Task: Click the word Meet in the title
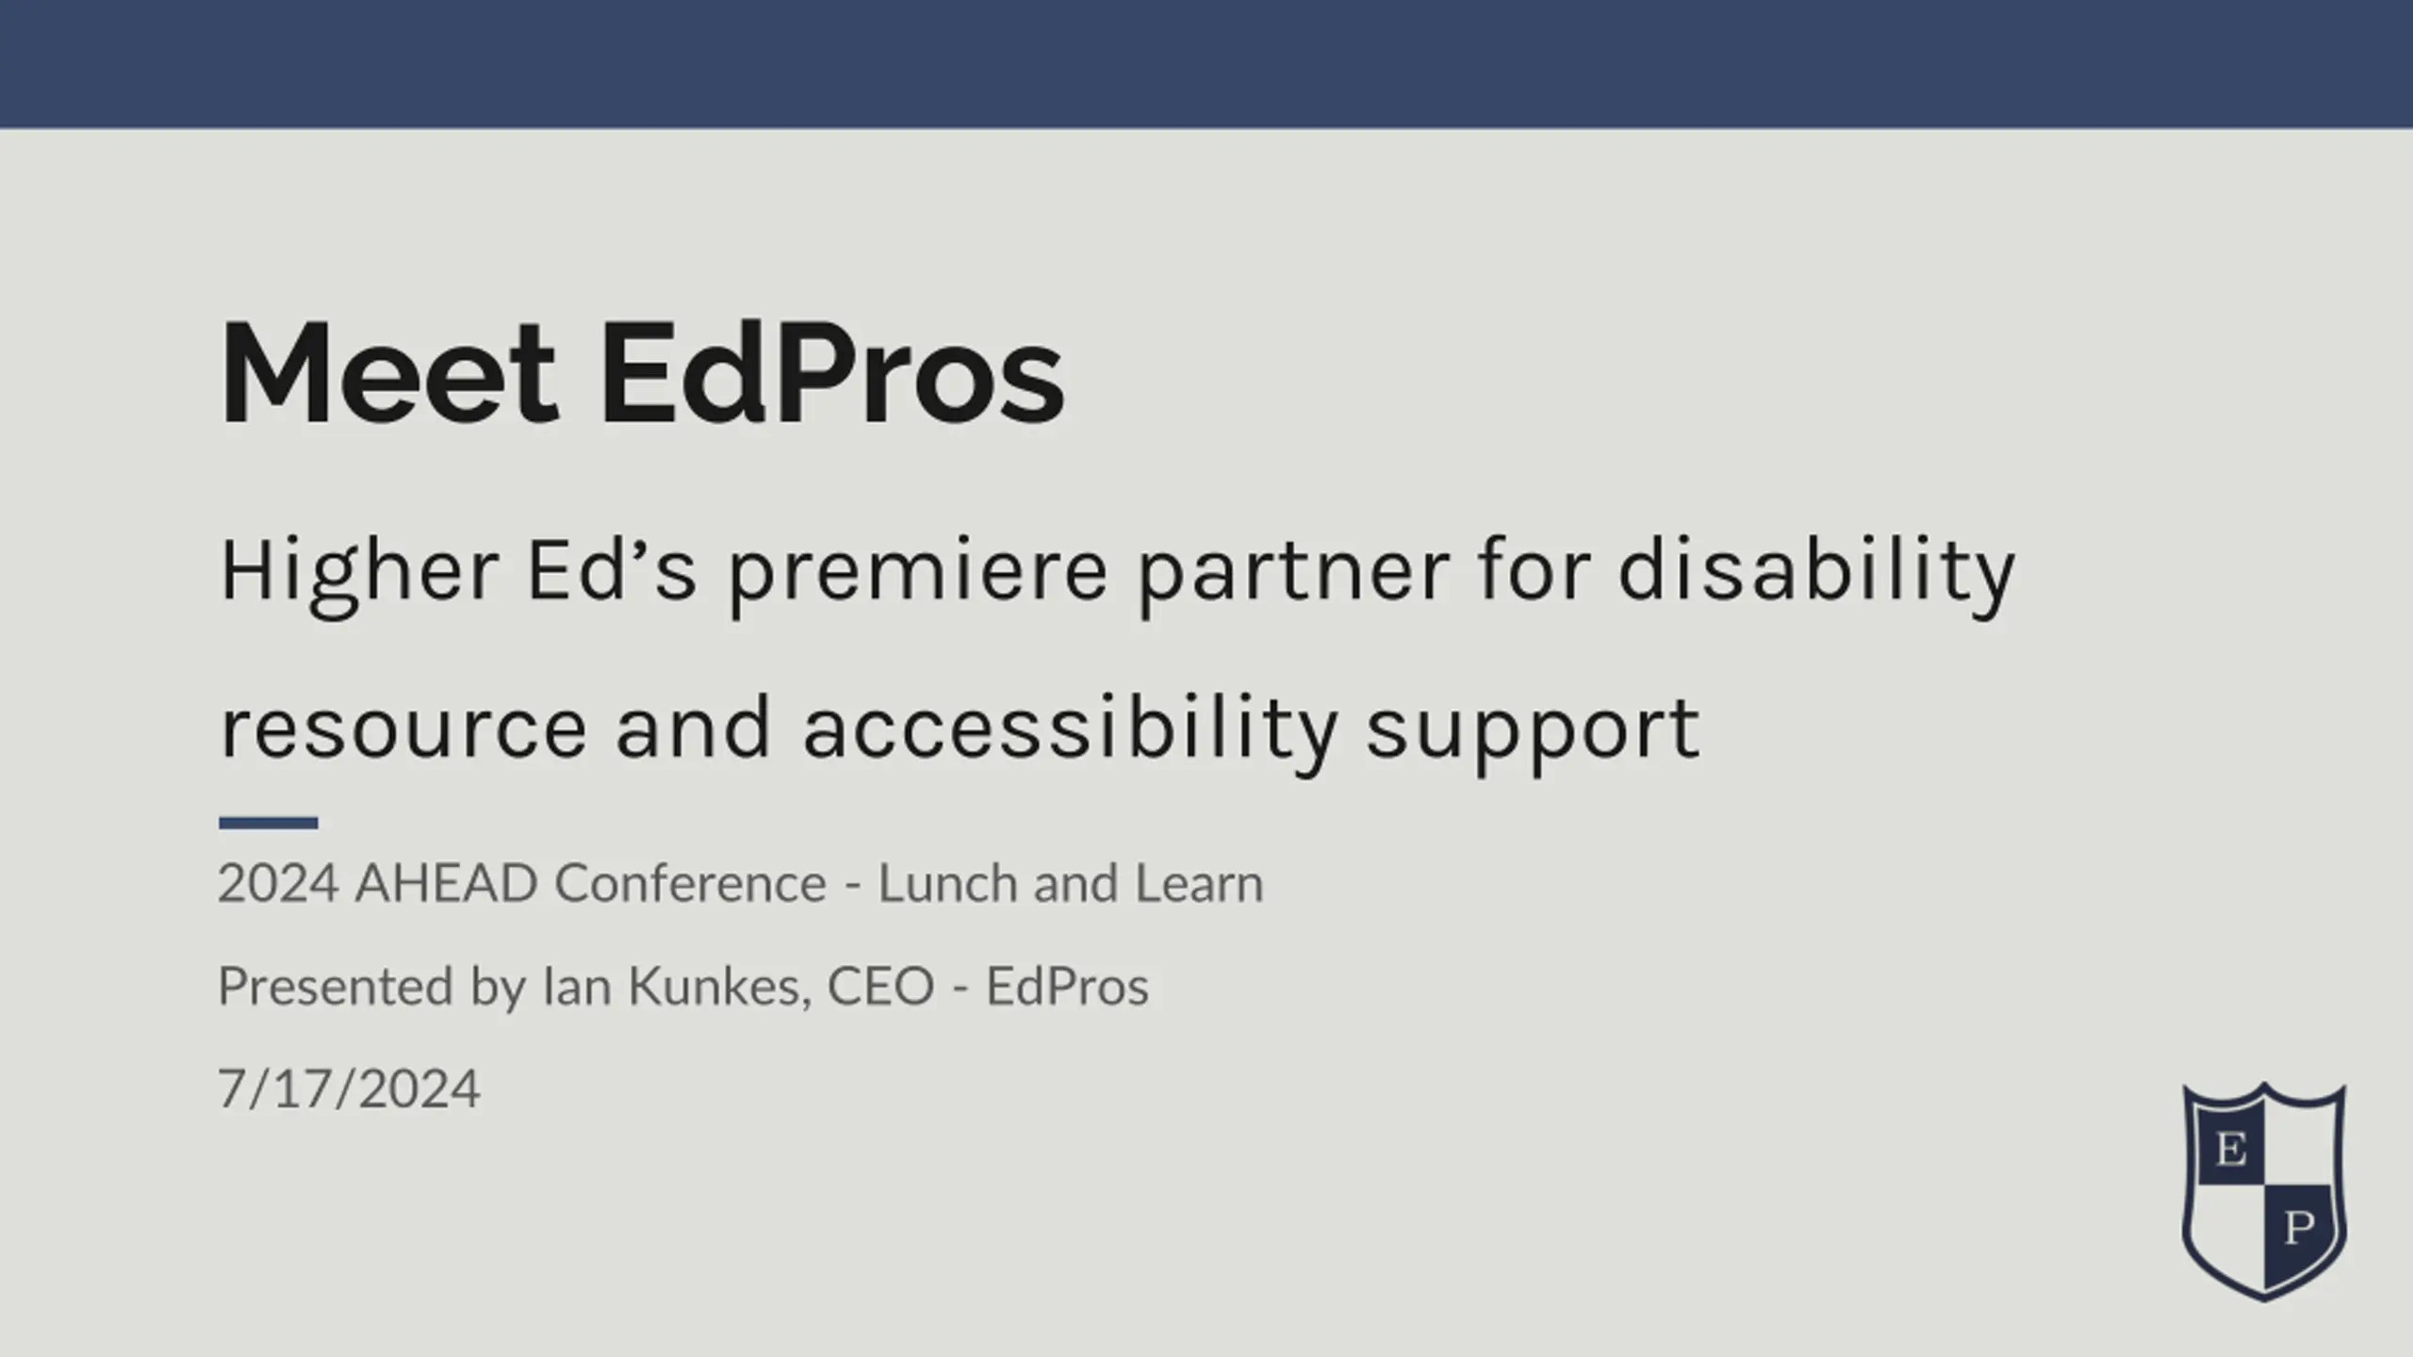click(x=389, y=373)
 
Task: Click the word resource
click(x=403, y=731)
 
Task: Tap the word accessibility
click(x=1071, y=733)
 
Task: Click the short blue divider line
click(x=269, y=823)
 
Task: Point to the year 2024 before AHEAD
click(x=278, y=884)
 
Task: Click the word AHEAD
click(x=446, y=884)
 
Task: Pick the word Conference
click(x=691, y=884)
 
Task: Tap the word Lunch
click(x=947, y=884)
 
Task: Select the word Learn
click(x=1199, y=884)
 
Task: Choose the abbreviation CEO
click(x=880, y=988)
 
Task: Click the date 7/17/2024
click(x=350, y=1090)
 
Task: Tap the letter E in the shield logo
click(x=2230, y=1149)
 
